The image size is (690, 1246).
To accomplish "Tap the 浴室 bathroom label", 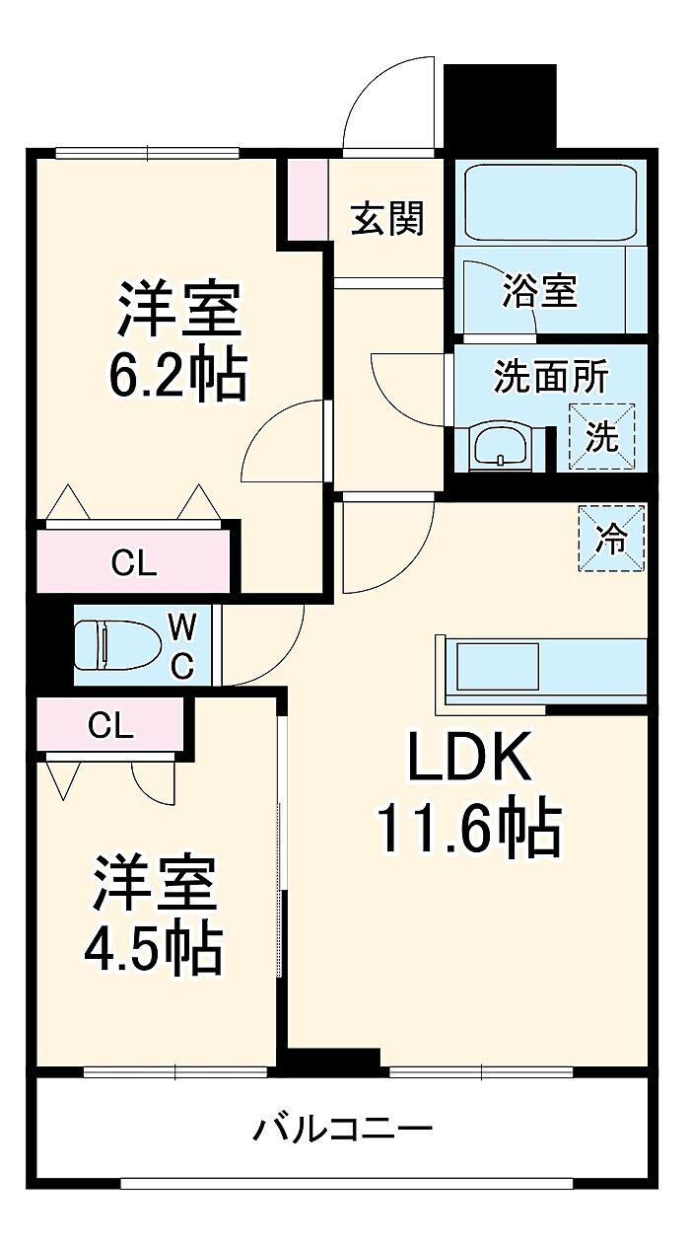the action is coord(540,290).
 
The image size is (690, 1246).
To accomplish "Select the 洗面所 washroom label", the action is coord(551,377).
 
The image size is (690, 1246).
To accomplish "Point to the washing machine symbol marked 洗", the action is coord(601,437).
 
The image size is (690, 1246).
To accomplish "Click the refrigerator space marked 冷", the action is coord(611,538).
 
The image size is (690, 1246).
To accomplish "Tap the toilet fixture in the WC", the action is coord(117,645).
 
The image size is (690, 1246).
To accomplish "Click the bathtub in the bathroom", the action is coord(550,202).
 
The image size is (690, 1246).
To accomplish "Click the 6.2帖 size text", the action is coord(177,374).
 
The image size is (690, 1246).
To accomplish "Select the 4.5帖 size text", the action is coord(154,948).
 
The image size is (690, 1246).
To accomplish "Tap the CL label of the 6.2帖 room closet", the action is coord(134,563).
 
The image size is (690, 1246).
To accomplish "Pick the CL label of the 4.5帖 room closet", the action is coord(111,726).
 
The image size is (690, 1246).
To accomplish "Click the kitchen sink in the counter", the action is coord(497,666).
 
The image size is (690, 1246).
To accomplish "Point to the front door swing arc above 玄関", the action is coord(388,103).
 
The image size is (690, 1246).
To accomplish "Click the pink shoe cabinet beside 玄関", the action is coord(308,200).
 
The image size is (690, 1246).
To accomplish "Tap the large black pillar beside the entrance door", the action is coord(500,106).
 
